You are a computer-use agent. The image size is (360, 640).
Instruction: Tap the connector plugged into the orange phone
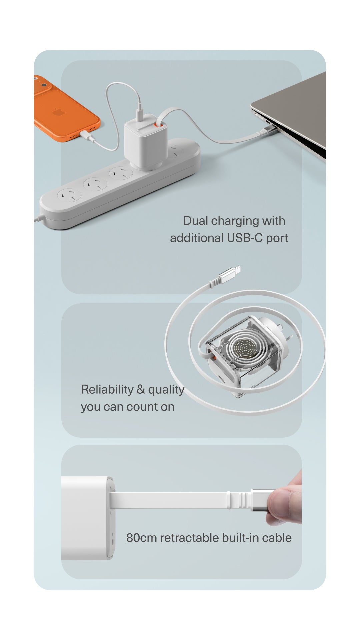(x=85, y=135)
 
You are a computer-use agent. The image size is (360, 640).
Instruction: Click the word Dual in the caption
(x=196, y=221)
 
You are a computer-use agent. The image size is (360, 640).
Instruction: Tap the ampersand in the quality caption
(x=141, y=389)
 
